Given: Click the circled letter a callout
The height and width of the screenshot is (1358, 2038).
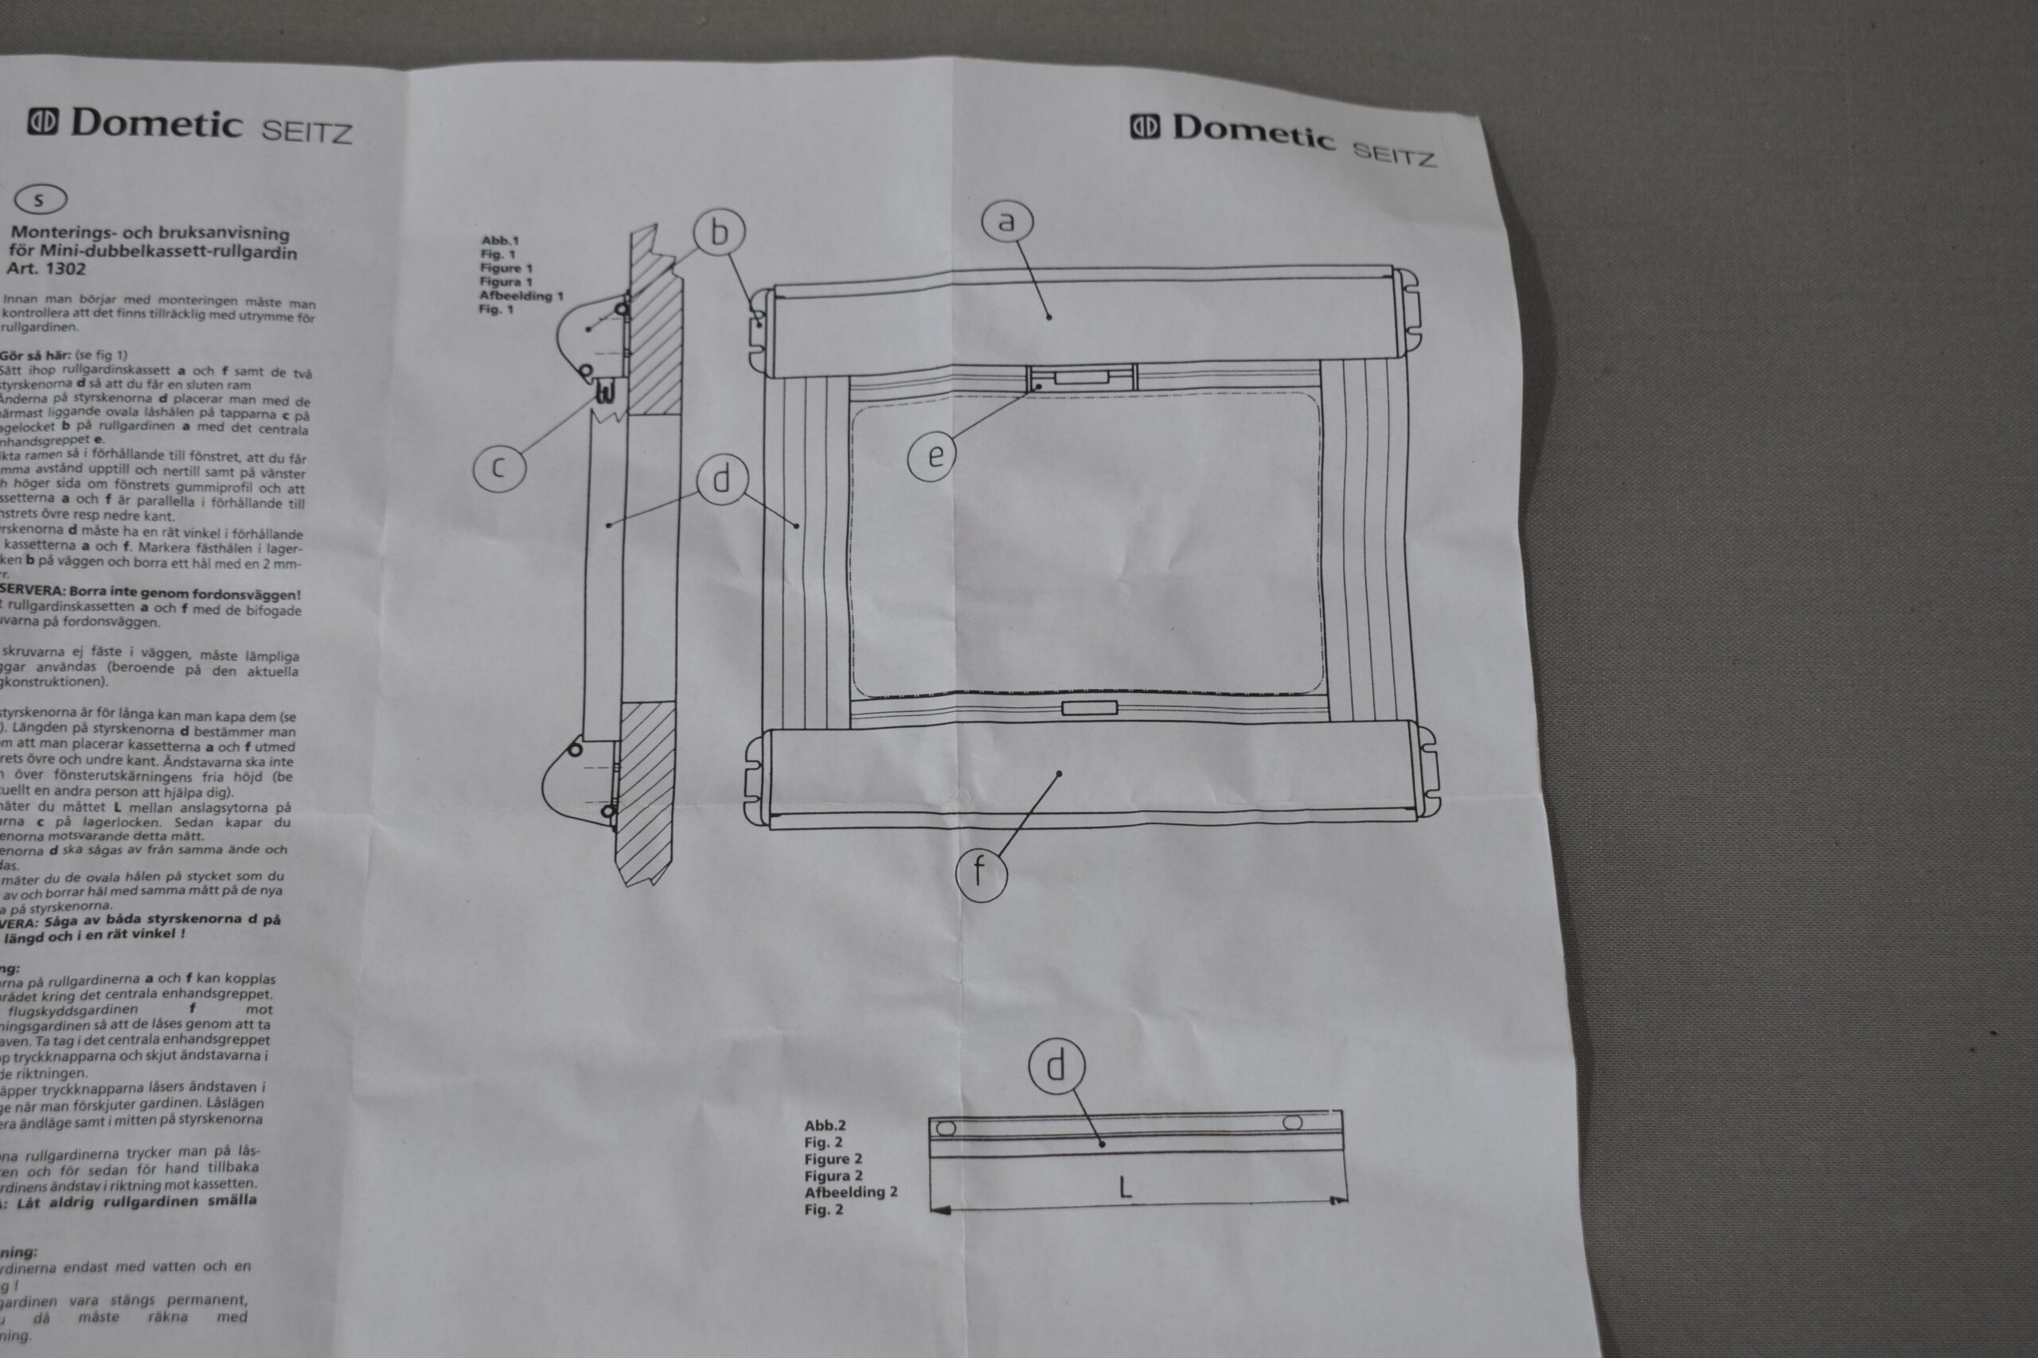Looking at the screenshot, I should coord(1006,222).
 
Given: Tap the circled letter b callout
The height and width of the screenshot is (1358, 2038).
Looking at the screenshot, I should coord(719,232).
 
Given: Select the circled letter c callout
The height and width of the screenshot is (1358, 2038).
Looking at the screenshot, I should coord(498,468).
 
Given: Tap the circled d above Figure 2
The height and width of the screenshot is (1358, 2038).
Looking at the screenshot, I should coord(1056,1066).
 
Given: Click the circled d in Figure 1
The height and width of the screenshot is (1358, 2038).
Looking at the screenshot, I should coord(721,479).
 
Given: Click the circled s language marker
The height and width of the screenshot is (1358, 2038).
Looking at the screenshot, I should coord(40,199).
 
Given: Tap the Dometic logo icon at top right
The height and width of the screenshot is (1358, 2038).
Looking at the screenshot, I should coord(1145,127).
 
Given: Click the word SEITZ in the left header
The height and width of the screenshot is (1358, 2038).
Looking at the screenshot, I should coord(306,131).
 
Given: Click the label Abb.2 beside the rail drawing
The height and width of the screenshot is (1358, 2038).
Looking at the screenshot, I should coord(825,1126).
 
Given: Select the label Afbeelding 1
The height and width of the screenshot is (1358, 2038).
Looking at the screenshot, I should coord(521,296).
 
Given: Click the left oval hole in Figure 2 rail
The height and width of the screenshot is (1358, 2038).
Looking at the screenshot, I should coord(947,1130).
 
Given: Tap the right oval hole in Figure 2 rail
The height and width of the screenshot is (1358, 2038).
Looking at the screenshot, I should coord(1292,1123).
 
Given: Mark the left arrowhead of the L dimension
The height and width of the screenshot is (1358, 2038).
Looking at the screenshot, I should coord(939,1210).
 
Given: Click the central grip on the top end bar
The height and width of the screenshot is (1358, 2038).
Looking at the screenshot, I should coord(1081,378).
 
